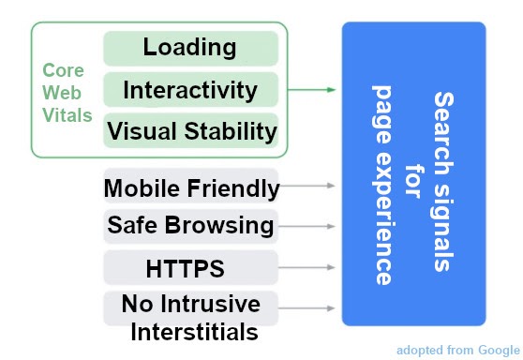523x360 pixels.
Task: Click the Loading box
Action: click(x=190, y=48)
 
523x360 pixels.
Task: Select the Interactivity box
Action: click(x=190, y=91)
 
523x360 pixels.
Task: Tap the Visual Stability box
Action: click(x=190, y=131)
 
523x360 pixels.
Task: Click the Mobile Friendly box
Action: click(x=191, y=188)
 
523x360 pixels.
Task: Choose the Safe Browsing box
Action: click(x=191, y=226)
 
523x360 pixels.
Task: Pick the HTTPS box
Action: click(x=191, y=269)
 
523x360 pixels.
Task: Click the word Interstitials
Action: click(x=193, y=331)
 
